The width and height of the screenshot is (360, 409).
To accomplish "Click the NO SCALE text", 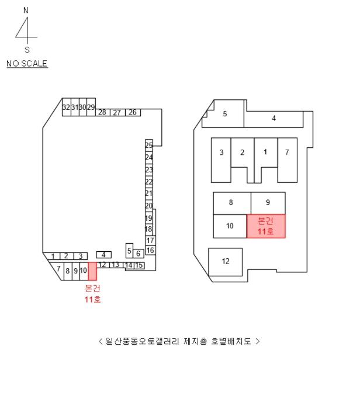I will pos(27,63).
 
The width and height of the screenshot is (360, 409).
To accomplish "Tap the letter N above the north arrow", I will pos(26,11).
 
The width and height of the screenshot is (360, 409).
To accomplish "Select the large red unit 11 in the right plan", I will pos(266,226).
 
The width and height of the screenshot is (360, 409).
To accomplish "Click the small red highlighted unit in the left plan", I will pos(92,271).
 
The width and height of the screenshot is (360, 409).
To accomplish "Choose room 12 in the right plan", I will pos(226,261).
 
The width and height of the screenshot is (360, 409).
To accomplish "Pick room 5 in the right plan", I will pos(225,114).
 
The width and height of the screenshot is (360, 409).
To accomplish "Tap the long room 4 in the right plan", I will pos(274,119).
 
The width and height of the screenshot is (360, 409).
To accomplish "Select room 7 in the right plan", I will pos(287,152).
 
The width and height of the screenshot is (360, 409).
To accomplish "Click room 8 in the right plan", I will pos(231,203).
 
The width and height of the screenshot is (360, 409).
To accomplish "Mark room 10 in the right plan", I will pos(230,226).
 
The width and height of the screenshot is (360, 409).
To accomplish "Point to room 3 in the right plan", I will pos(221,153).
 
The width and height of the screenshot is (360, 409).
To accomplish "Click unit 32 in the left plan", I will pos(66,108).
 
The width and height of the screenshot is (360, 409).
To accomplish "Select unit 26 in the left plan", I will pos(133,112).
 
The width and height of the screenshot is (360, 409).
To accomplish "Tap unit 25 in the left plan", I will pos(149,145).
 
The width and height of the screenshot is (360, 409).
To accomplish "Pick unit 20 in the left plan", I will pos(149,206).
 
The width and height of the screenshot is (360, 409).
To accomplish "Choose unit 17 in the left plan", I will pos(150,241).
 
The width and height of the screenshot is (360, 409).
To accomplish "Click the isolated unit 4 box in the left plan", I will pos(103,254).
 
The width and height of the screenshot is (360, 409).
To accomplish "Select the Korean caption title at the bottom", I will pos(179,341).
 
